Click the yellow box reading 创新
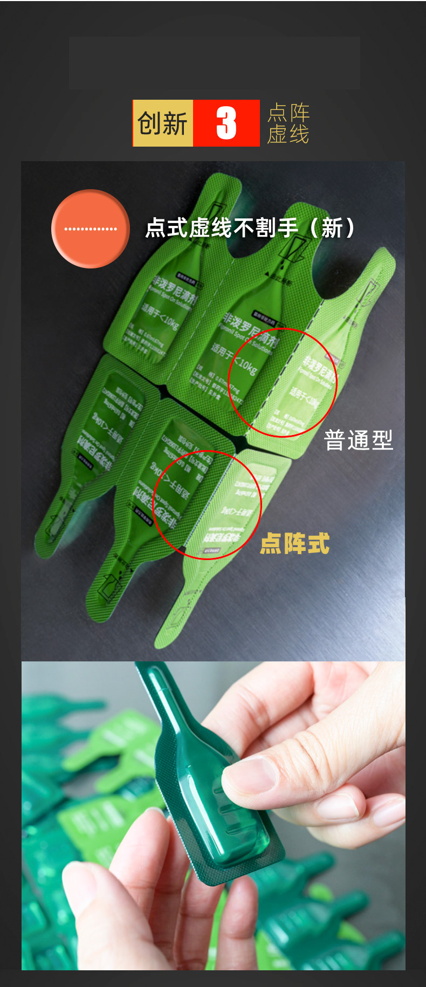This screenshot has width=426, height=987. pos(162,123)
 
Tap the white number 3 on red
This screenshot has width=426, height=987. pos(226,123)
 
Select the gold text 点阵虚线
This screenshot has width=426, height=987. pos(288,123)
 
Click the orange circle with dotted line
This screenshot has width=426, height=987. pos(91,229)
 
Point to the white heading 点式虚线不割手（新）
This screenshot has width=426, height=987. pos(250,227)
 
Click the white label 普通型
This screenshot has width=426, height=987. pos(358,440)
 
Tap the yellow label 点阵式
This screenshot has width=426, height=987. pos(294,543)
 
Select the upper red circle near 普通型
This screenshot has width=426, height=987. pos(282,382)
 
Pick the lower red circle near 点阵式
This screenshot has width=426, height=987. pos(207,505)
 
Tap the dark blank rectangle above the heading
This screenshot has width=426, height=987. pos(214,63)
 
